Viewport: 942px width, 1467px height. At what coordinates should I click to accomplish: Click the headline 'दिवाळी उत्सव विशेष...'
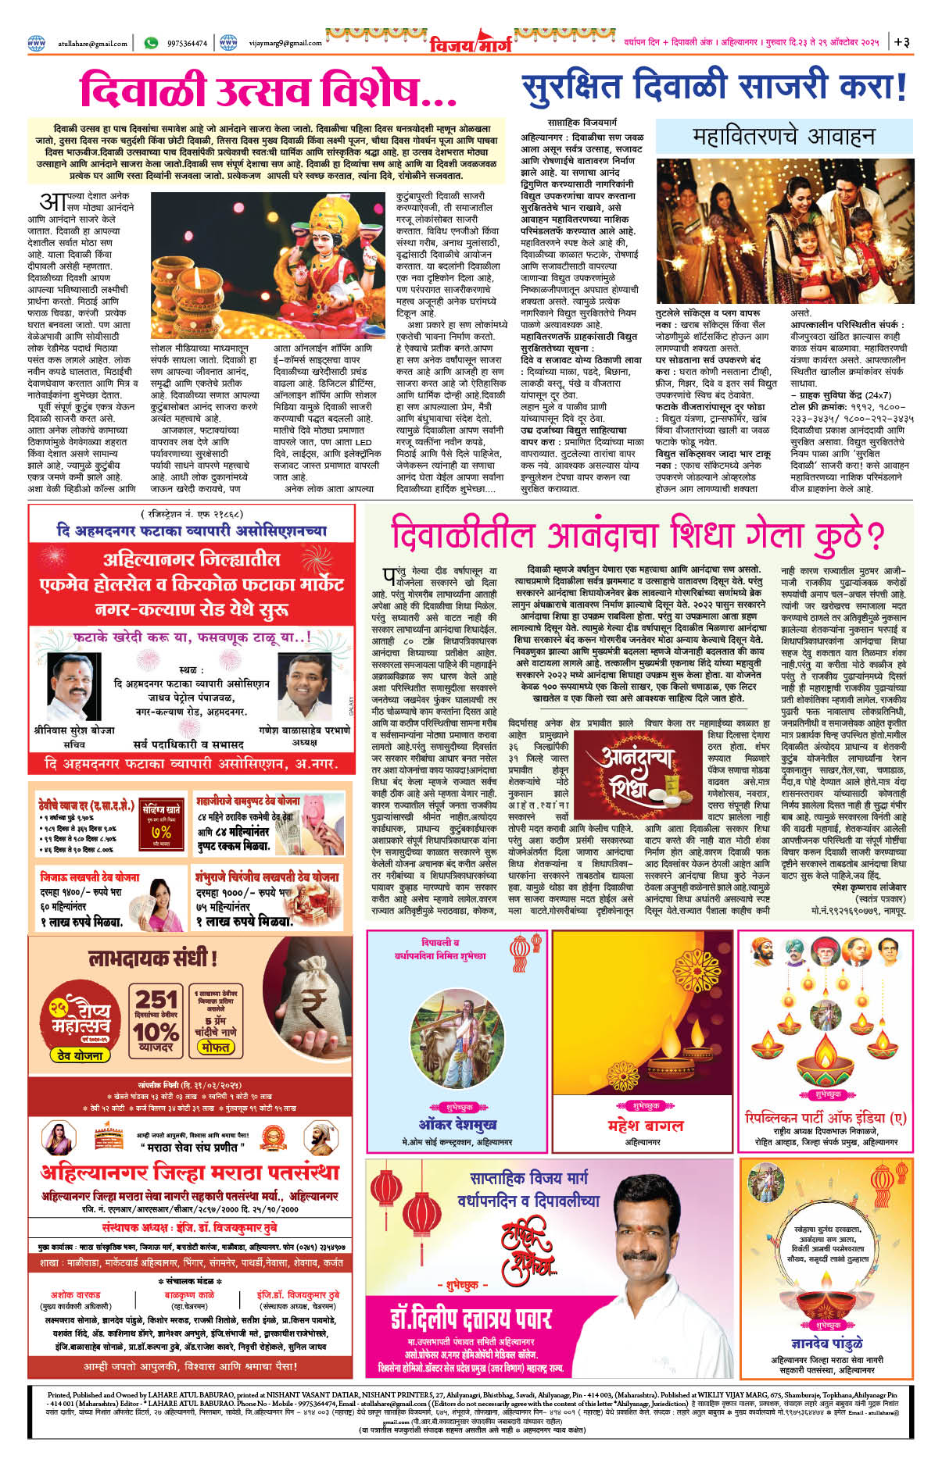268,90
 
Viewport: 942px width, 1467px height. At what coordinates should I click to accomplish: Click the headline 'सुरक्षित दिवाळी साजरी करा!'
714,86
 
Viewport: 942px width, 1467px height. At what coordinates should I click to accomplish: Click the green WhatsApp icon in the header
151,43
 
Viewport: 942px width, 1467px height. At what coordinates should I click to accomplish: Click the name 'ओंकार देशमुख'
457,1125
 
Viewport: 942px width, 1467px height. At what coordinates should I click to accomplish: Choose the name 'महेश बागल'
645,1125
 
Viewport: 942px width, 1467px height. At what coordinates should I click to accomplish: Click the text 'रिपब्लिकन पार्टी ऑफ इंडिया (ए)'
826,1118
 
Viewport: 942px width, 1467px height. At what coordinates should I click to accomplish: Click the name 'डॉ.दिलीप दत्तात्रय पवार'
471,1319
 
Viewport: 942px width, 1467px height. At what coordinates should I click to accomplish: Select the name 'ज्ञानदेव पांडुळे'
826,1342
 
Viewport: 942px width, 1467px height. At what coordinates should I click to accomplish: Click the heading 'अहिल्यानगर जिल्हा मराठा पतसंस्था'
190,1172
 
